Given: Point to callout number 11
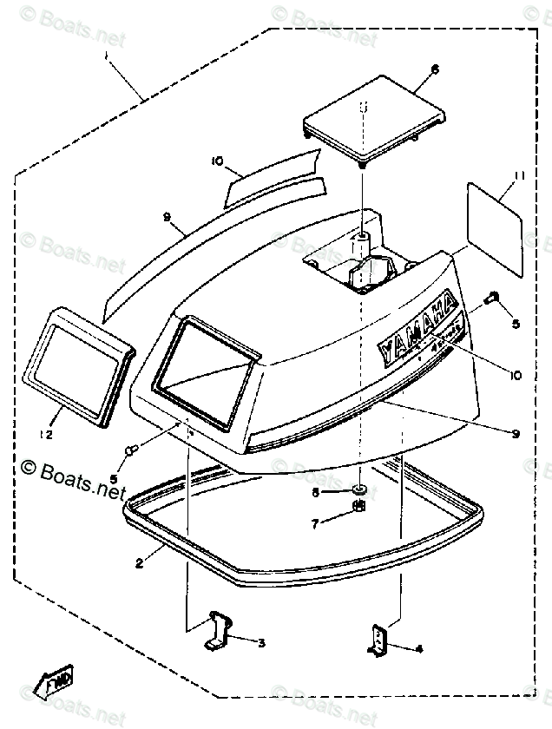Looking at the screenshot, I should [519, 176].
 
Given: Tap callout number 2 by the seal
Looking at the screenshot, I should [140, 563].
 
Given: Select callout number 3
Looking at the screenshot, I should [261, 642].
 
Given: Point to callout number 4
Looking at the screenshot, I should [419, 648].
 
